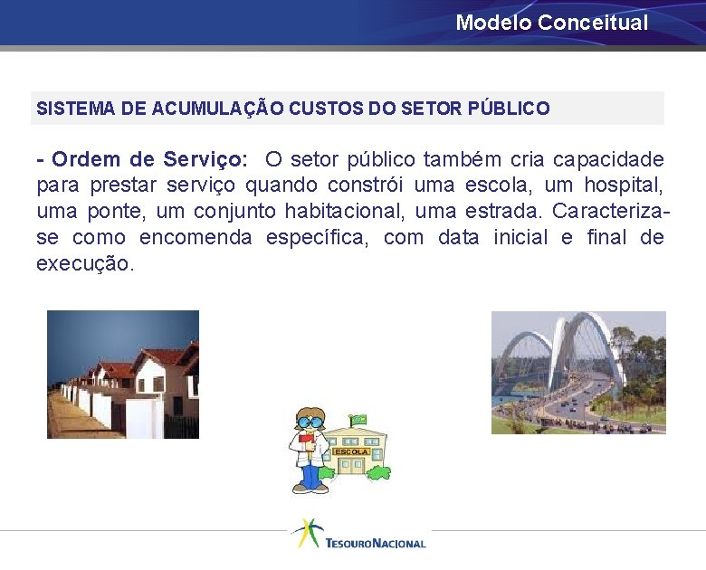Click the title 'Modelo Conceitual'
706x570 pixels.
pos(552,23)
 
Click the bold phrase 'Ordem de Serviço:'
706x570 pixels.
pos(149,160)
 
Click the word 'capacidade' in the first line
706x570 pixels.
pos(608,160)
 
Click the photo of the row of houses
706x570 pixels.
pos(123,375)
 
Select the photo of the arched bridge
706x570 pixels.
pos(578,373)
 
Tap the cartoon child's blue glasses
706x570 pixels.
pos(310,421)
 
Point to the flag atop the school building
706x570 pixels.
pos(358,420)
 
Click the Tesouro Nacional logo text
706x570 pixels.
pos(375,543)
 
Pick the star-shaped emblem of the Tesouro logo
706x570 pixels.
pos(306,531)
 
